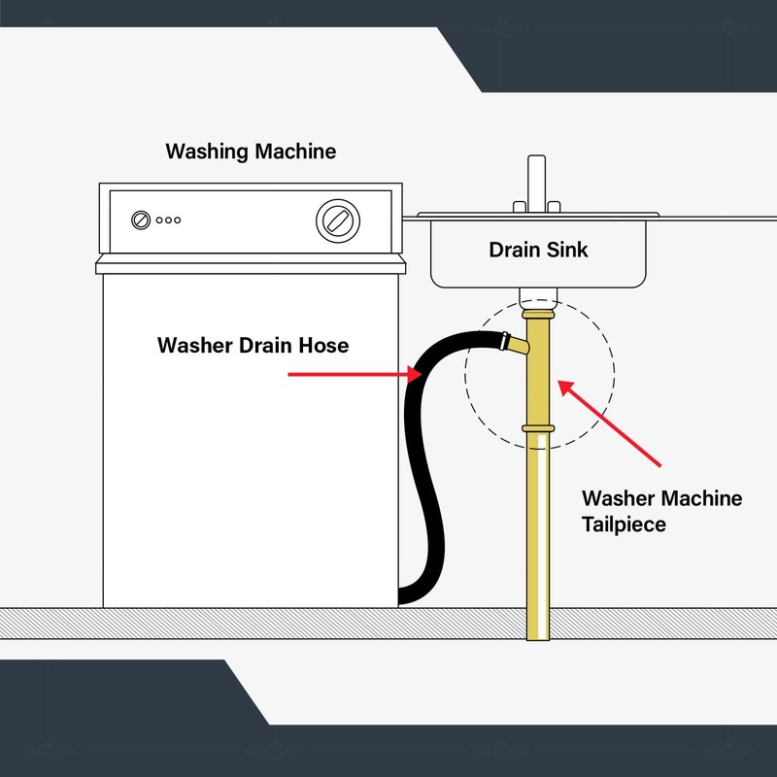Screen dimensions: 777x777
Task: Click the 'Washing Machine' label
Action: [251, 152]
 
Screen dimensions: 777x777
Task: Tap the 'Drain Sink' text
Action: [538, 250]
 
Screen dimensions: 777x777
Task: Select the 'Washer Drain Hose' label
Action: [253, 346]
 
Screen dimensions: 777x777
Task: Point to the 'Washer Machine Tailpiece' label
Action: [661, 511]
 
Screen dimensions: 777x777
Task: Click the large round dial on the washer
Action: [338, 221]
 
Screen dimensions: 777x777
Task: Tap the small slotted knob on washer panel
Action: [141, 220]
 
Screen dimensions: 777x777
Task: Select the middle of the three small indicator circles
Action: [168, 220]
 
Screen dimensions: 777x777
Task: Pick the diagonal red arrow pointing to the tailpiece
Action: [610, 422]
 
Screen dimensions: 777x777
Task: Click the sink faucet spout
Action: [537, 184]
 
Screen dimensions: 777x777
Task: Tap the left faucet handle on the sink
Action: [520, 207]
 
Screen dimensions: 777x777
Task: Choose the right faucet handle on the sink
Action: [554, 207]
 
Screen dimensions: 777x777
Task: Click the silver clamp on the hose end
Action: [505, 341]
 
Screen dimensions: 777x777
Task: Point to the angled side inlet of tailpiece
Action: [520, 345]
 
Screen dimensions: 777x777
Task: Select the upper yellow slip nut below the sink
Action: [538, 315]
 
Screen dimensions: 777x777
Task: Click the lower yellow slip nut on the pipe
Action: [538, 428]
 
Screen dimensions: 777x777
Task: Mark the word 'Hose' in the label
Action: [323, 346]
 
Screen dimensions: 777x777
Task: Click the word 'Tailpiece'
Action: [624, 524]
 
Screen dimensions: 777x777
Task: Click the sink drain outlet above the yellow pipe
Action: [538, 298]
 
